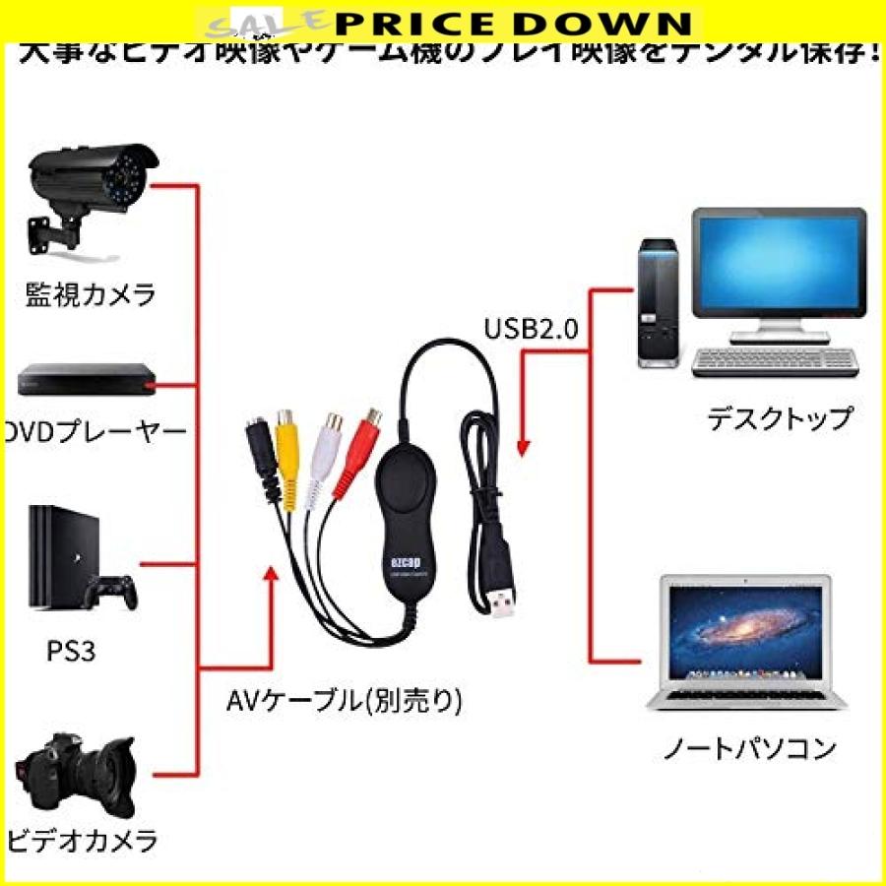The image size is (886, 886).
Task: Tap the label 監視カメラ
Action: pyautogui.click(x=91, y=294)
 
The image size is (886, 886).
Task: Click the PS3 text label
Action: pyautogui.click(x=70, y=652)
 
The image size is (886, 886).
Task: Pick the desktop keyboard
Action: pyautogui.click(x=772, y=362)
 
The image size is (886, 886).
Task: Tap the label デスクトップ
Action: pyautogui.click(x=779, y=418)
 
